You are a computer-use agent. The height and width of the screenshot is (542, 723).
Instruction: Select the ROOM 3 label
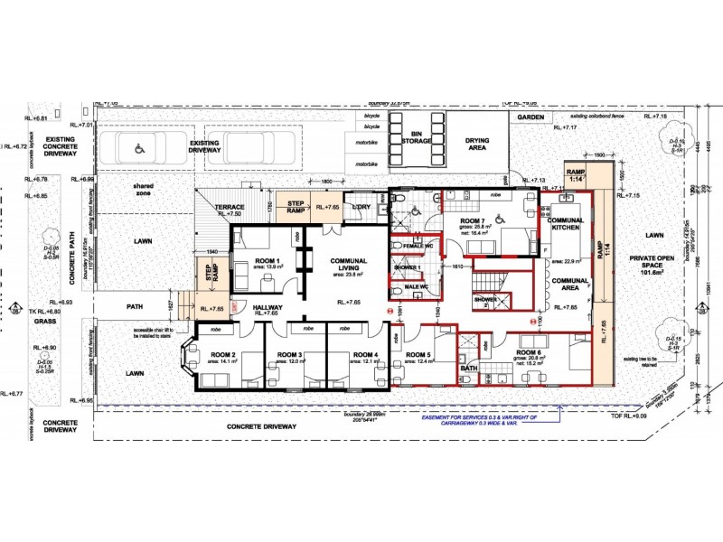point(288,355)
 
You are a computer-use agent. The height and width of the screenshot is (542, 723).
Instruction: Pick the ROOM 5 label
point(419,355)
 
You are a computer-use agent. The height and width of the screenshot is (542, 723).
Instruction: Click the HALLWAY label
point(268,308)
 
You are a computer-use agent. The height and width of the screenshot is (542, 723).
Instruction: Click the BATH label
point(468,368)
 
